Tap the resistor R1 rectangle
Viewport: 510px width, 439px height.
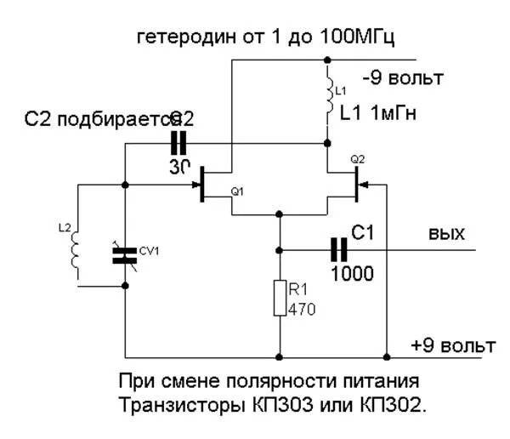tap(279, 299)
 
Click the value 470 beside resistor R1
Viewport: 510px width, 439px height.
tap(303, 309)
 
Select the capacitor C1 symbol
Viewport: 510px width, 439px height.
tap(339, 249)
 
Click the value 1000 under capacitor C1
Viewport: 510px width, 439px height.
tap(351, 273)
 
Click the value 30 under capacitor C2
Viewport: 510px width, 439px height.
tap(179, 167)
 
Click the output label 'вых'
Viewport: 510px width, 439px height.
tap(446, 233)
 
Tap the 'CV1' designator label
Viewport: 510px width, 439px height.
tap(150, 250)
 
